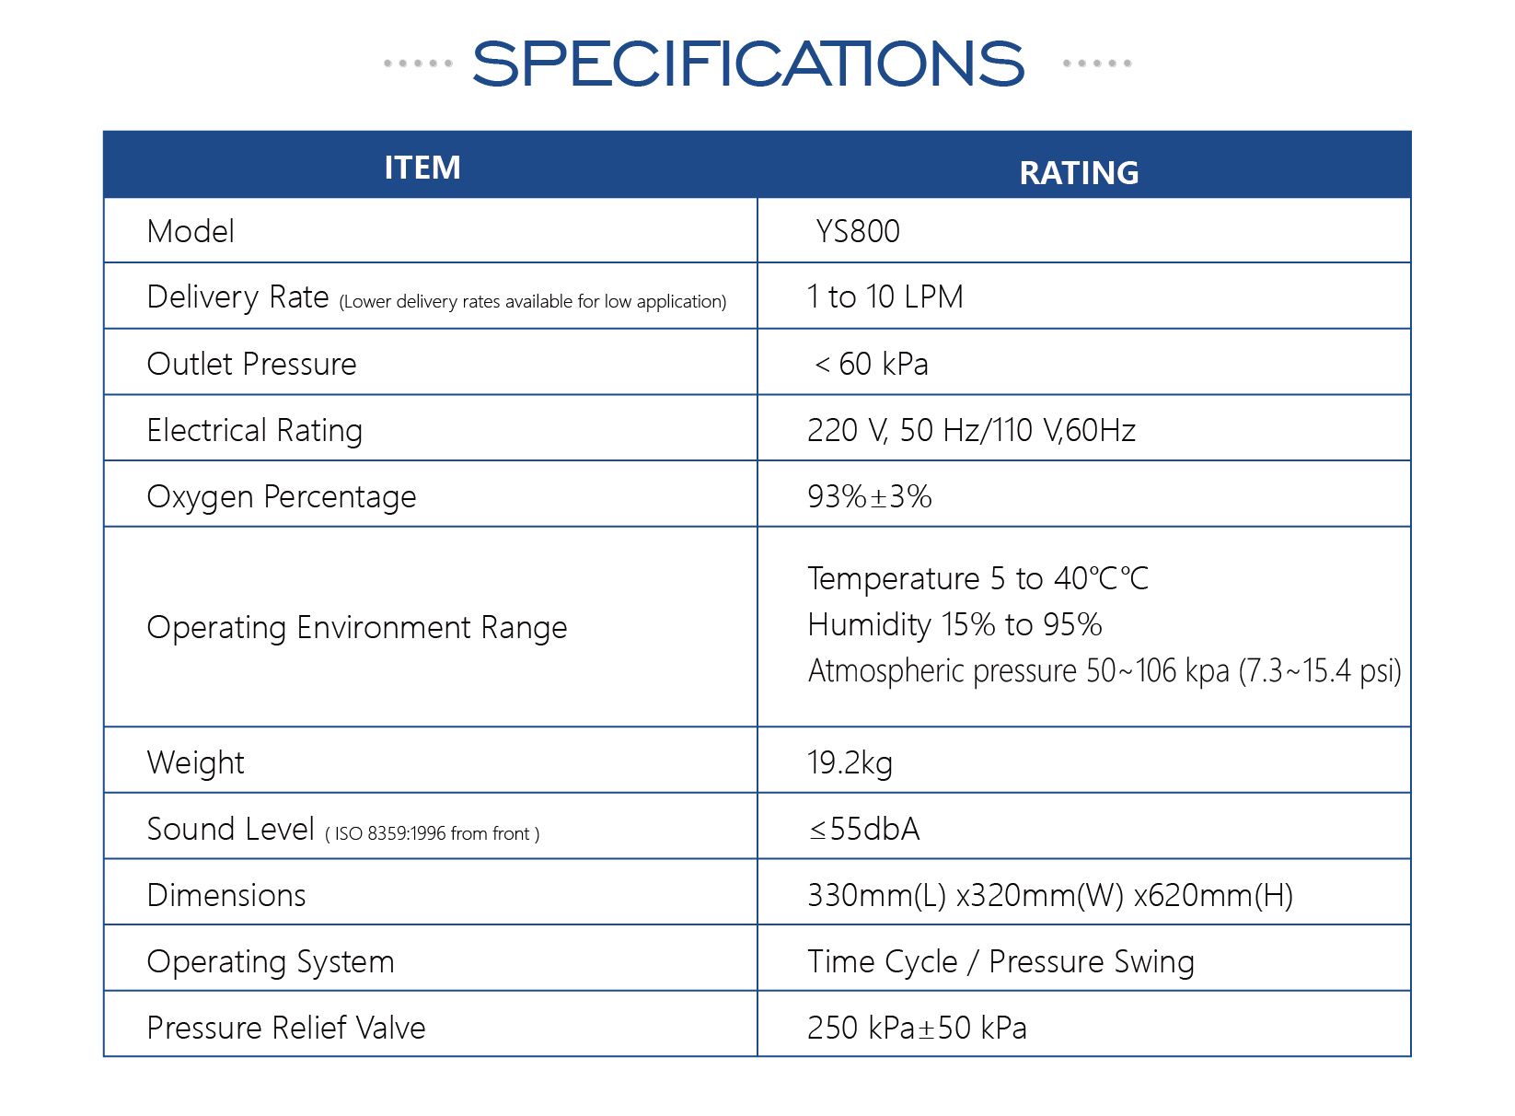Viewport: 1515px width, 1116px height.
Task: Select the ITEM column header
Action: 422,168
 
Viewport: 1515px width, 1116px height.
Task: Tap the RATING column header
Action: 1079,172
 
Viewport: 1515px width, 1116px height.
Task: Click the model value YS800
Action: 858,231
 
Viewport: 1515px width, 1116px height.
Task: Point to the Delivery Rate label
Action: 237,297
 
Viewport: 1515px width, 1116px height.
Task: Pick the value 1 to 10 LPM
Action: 885,296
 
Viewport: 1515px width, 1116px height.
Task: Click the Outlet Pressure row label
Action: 251,364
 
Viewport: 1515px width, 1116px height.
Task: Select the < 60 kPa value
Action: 871,364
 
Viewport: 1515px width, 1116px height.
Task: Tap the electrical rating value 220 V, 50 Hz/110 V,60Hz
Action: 971,430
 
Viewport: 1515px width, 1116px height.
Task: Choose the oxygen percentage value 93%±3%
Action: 869,496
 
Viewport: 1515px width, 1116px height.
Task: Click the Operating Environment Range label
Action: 357,627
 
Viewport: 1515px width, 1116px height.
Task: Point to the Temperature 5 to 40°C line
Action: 978,578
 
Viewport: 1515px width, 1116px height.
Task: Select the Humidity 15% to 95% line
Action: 954,624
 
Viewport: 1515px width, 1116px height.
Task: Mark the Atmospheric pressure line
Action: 1104,670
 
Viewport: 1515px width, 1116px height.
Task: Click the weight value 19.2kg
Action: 850,762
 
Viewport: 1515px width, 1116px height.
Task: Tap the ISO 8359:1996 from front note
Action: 433,834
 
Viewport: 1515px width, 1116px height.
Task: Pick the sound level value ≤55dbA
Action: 863,829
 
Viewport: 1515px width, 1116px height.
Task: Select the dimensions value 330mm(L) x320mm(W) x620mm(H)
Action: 1050,895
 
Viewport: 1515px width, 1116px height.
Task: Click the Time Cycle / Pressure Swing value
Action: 1001,961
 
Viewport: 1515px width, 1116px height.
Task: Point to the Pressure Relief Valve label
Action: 286,1028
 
